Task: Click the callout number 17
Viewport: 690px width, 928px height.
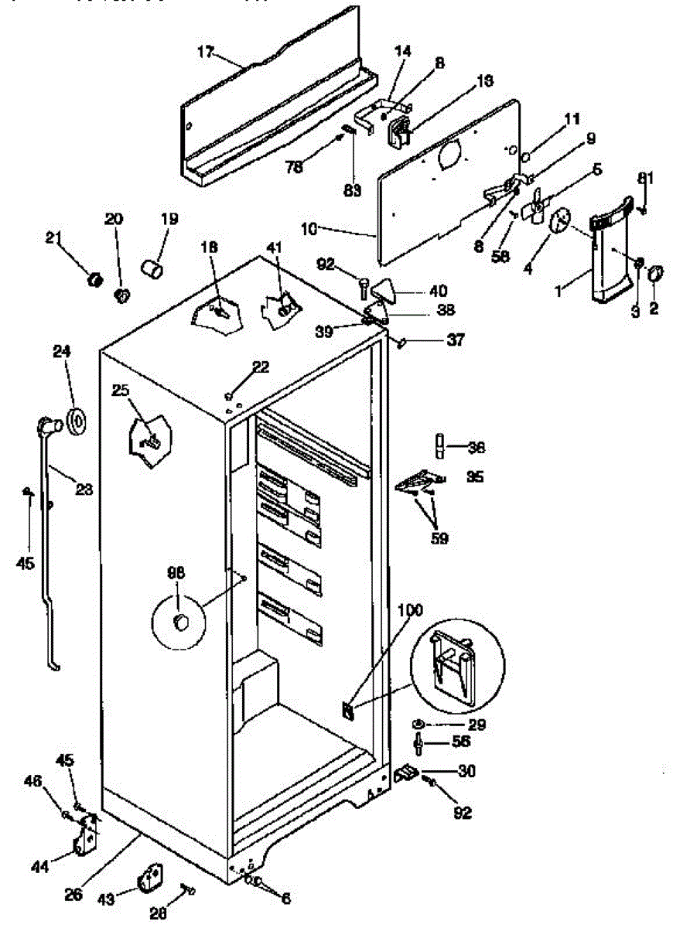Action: [x=204, y=53]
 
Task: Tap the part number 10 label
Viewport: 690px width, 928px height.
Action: [x=309, y=230]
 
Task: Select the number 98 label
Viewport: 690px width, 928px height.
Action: [x=177, y=573]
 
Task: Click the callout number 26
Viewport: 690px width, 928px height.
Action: [x=73, y=896]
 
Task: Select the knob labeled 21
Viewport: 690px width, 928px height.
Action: [x=96, y=278]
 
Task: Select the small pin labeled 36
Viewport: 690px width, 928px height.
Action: [x=439, y=447]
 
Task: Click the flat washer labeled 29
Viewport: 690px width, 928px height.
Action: [x=418, y=724]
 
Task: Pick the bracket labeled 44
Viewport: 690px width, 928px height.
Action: [x=85, y=839]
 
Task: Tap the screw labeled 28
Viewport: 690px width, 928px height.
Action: [x=187, y=890]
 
